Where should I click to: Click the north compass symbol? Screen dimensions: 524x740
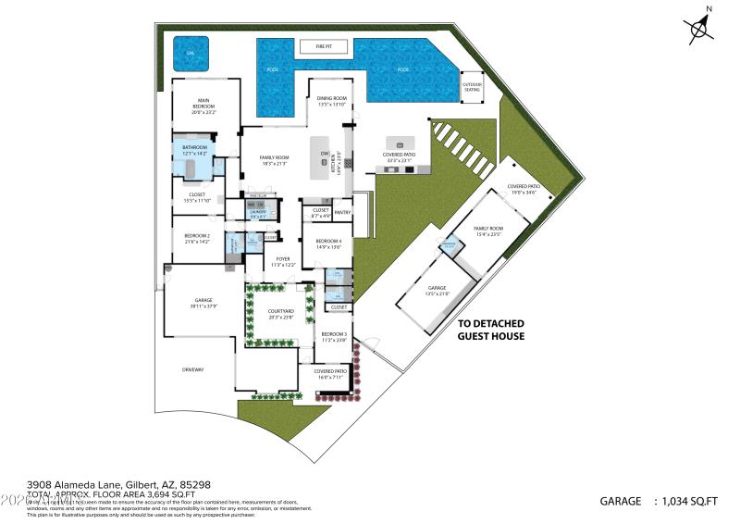pyautogui.click(x=700, y=27)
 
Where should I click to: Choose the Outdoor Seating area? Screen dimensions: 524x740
pyautogui.click(x=472, y=86)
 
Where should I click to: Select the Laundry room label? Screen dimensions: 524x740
pyautogui.click(x=258, y=214)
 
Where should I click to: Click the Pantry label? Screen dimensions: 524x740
pyautogui.click(x=342, y=212)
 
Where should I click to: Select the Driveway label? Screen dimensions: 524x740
pyautogui.click(x=192, y=369)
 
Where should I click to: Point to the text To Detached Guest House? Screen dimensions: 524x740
pyautogui.click(x=491, y=329)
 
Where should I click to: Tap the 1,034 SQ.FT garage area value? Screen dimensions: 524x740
pyautogui.click(x=686, y=501)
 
